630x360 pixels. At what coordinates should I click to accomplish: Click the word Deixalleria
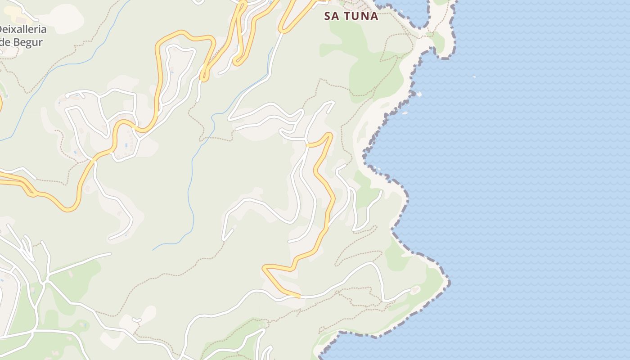(x=22, y=30)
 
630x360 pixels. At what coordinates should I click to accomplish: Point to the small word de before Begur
(x=5, y=42)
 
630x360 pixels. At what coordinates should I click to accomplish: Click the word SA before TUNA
(x=332, y=16)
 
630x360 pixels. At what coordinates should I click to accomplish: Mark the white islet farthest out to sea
(x=474, y=77)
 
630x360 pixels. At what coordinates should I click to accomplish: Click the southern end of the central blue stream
(x=153, y=250)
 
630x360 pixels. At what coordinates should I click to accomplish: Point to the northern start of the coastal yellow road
(x=307, y=145)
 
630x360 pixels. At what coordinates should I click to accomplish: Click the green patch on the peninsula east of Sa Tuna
(x=438, y=41)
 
